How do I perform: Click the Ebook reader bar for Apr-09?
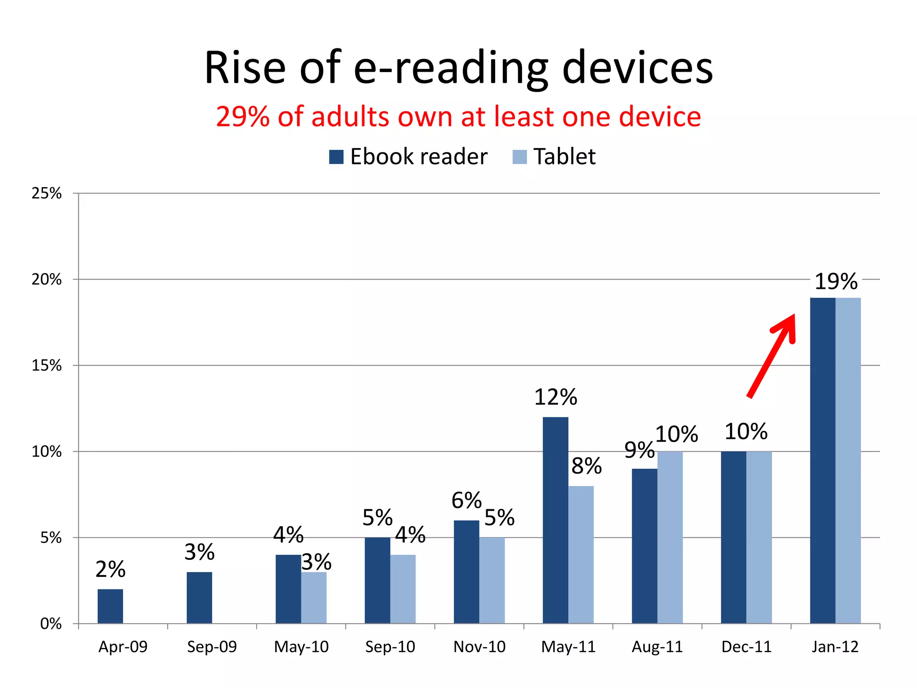110,606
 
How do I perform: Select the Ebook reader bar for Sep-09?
199,598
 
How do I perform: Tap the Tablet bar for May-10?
314,598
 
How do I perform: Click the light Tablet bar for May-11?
581,555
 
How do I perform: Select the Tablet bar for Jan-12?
848,460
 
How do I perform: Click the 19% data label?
836,282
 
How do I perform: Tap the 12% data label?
556,397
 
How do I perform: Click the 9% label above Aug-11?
639,450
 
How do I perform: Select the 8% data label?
586,466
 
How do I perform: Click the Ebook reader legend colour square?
336,157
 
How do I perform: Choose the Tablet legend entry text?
564,157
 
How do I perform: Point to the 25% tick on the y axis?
47,193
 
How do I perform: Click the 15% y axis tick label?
47,365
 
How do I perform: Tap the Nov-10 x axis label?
479,647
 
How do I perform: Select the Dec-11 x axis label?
746,647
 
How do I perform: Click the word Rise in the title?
245,68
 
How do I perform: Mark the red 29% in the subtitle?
243,117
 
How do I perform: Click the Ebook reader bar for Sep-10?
377,580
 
